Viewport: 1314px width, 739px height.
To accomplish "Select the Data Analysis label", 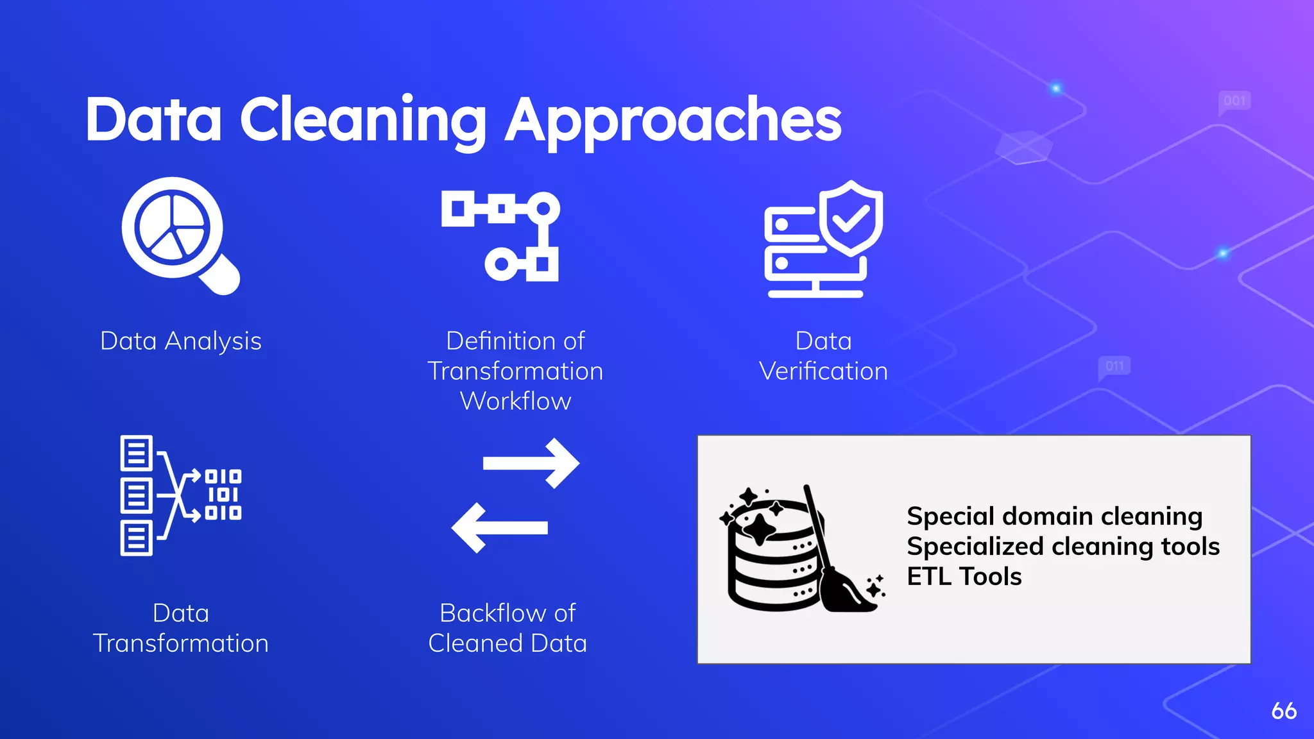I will click(181, 341).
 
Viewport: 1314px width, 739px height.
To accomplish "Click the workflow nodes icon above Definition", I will click(500, 236).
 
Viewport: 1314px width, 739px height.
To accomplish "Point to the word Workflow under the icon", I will click(515, 401).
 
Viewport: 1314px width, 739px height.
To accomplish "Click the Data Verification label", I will click(823, 356).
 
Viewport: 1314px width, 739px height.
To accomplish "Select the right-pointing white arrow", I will click(531, 463).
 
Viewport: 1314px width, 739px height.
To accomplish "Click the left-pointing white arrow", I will click(500, 527).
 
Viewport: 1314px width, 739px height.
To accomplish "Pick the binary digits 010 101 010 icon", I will click(223, 495).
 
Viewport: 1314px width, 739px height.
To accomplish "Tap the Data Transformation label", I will click(181, 628).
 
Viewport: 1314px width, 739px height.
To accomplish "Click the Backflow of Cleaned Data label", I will click(508, 628).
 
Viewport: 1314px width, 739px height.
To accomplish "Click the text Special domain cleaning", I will click(1054, 516).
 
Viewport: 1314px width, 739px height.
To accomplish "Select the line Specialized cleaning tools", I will click(1063, 547).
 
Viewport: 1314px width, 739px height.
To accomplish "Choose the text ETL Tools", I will click(964, 577).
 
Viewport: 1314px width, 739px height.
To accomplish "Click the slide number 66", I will click(1284, 711).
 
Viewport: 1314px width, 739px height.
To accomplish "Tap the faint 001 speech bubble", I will click(1234, 101).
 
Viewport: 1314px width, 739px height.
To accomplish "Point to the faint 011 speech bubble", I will click(1114, 366).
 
